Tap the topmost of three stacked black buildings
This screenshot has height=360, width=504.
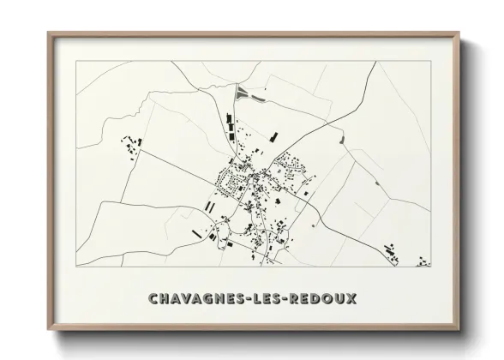click(228, 118)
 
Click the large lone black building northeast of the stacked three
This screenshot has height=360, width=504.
click(273, 135)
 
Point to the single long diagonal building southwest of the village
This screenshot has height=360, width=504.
click(198, 231)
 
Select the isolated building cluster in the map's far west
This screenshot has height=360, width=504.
click(131, 145)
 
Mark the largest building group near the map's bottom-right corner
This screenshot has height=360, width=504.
click(390, 253)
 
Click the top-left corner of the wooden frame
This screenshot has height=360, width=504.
click(49, 33)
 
